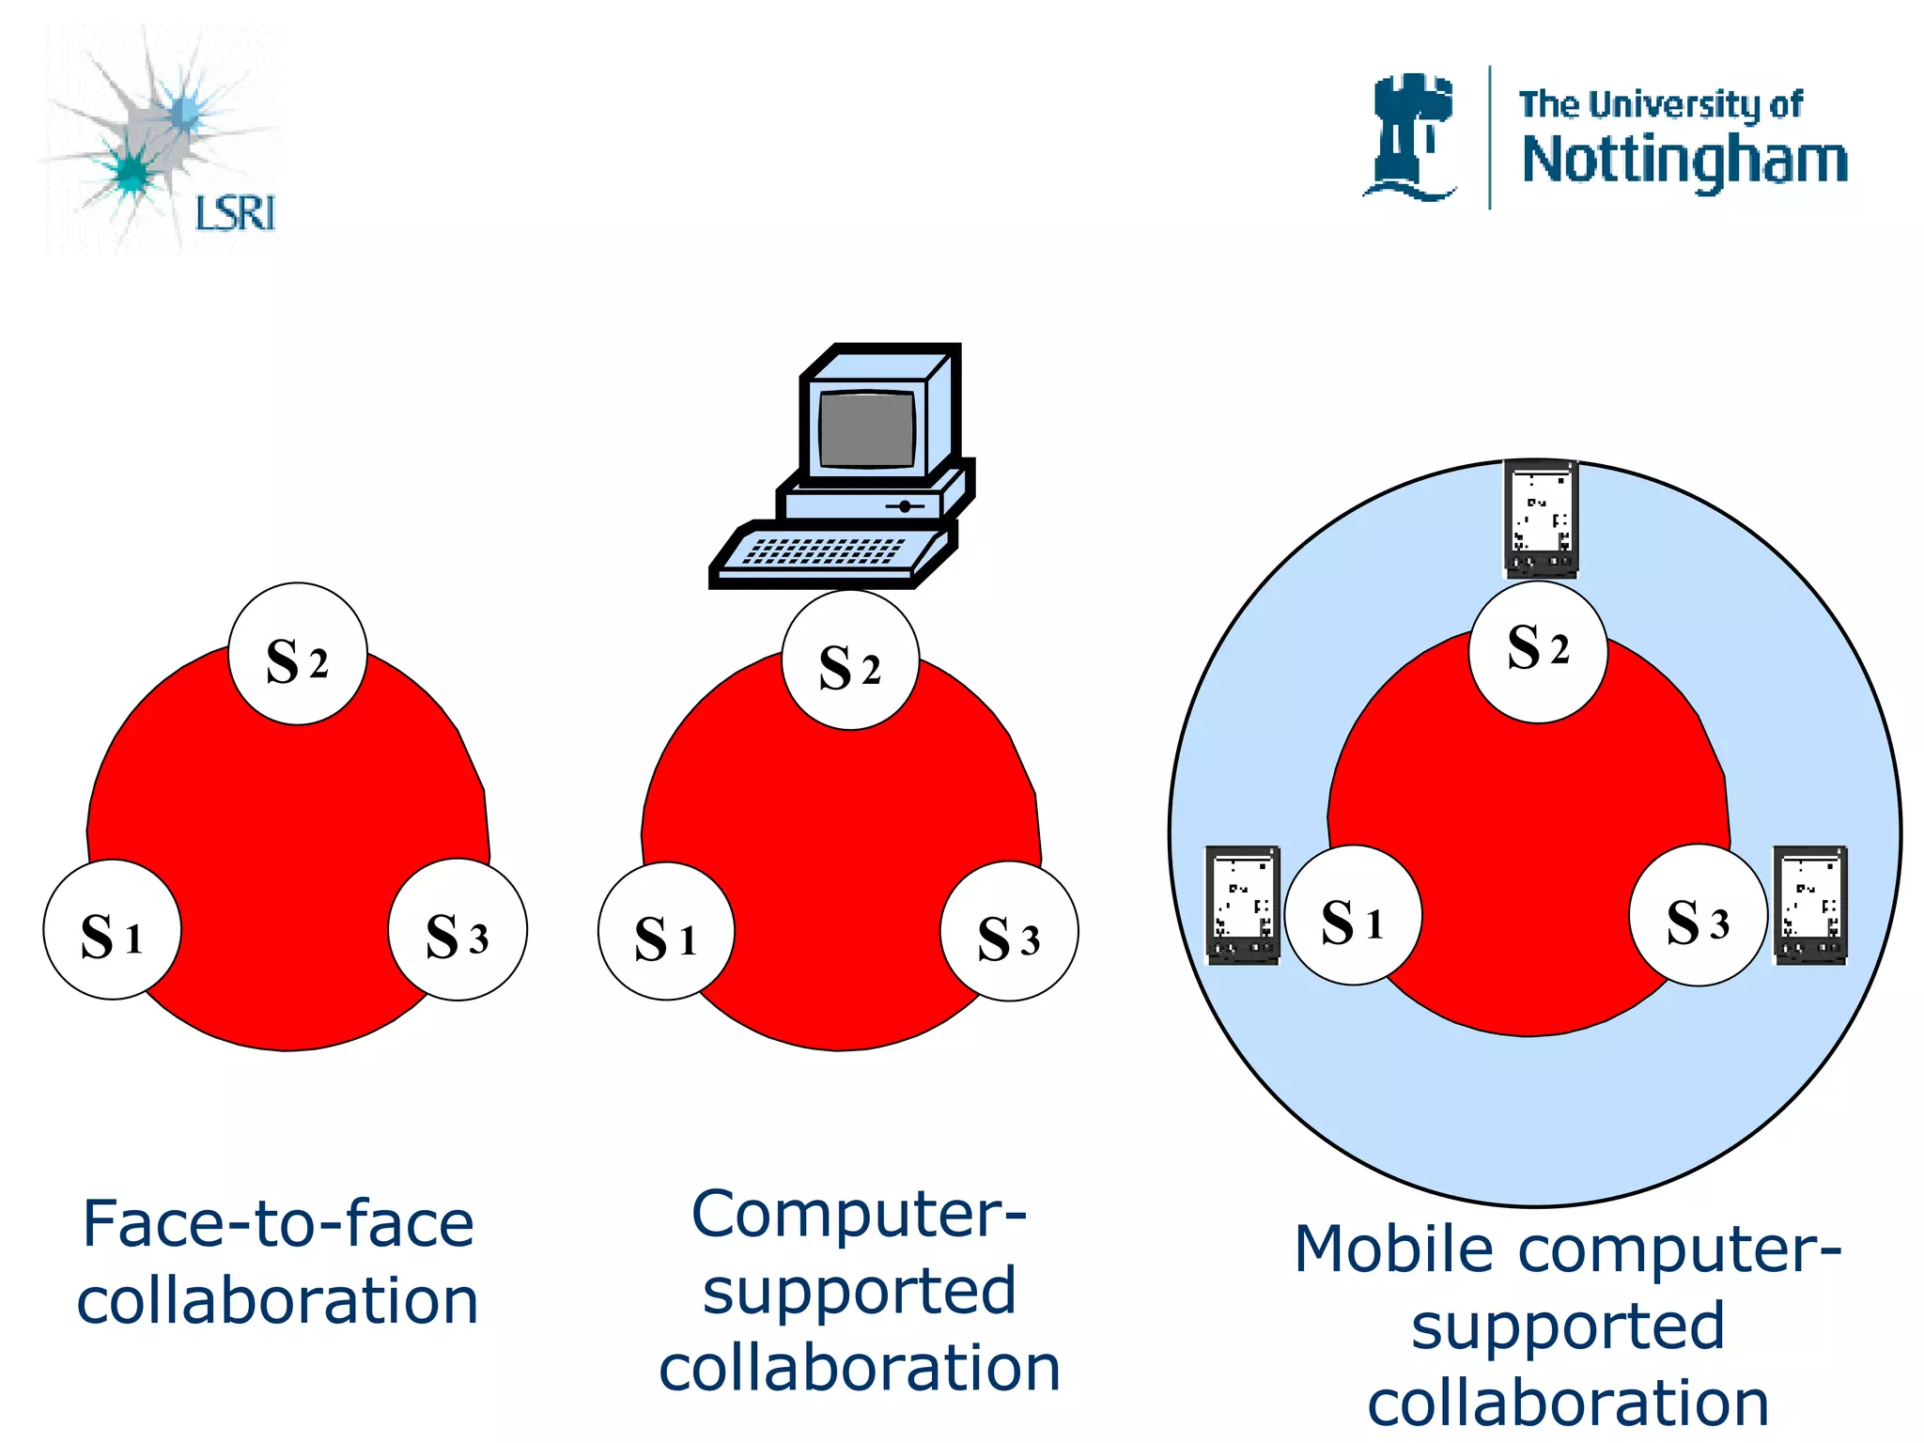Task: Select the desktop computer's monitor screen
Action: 866,429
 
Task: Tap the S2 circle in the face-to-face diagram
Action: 298,655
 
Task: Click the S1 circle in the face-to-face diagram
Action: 112,930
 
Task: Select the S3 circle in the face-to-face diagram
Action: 458,930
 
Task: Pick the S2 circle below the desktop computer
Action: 850,660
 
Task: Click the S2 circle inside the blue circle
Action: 1538,652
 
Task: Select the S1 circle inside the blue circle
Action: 1353,916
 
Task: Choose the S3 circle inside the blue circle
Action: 1698,916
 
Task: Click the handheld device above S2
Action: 1541,519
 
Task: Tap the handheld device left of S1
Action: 1243,905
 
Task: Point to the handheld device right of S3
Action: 1810,905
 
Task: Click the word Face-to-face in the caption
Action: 278,1224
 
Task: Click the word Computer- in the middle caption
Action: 859,1215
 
